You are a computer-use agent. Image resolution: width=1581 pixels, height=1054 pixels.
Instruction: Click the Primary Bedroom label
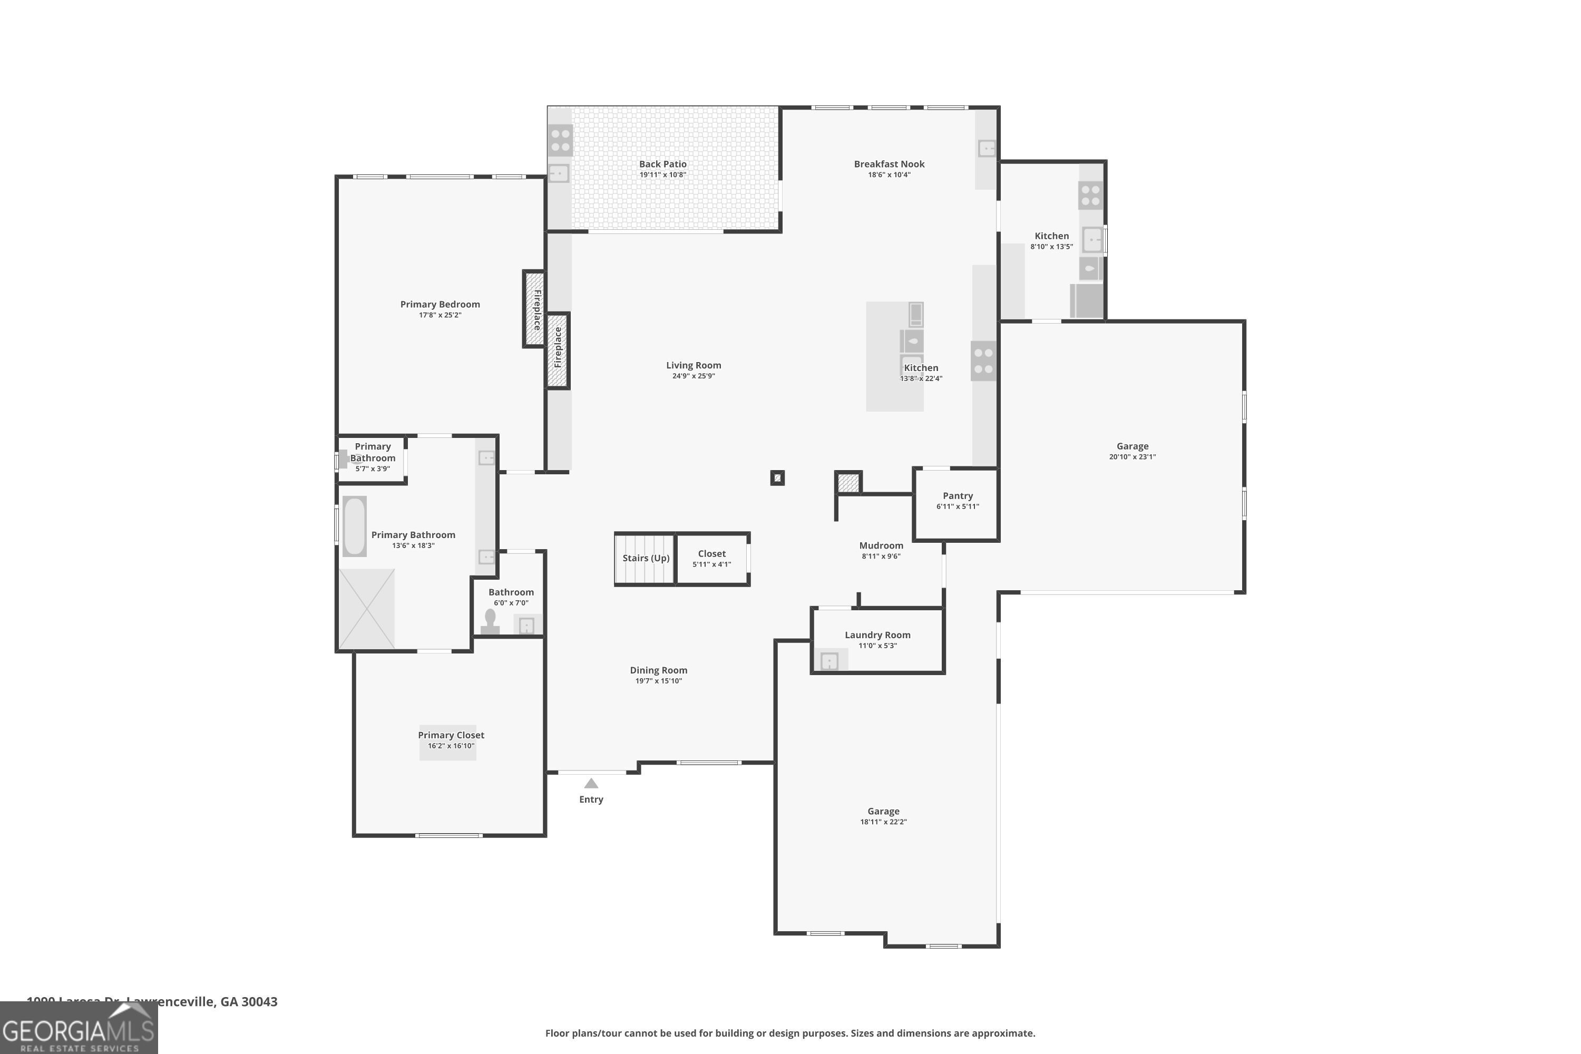(440, 305)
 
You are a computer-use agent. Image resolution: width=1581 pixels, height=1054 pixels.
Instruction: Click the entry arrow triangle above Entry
(591, 784)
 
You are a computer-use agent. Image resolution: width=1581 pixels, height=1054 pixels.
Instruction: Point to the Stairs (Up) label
(645, 558)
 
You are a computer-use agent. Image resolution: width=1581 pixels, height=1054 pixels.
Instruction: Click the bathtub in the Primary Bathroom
(354, 526)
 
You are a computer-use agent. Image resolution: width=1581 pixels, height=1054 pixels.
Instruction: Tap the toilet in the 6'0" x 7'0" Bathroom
(490, 622)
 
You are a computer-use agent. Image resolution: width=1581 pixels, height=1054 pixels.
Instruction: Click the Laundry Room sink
(829, 661)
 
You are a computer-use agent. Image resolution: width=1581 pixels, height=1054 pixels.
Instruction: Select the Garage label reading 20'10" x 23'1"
(1132, 446)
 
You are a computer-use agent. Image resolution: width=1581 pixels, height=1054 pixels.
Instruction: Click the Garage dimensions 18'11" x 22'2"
(883, 822)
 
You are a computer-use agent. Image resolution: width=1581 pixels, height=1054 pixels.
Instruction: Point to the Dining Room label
(658, 670)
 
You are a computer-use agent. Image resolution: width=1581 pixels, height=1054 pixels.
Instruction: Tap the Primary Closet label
(451, 735)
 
